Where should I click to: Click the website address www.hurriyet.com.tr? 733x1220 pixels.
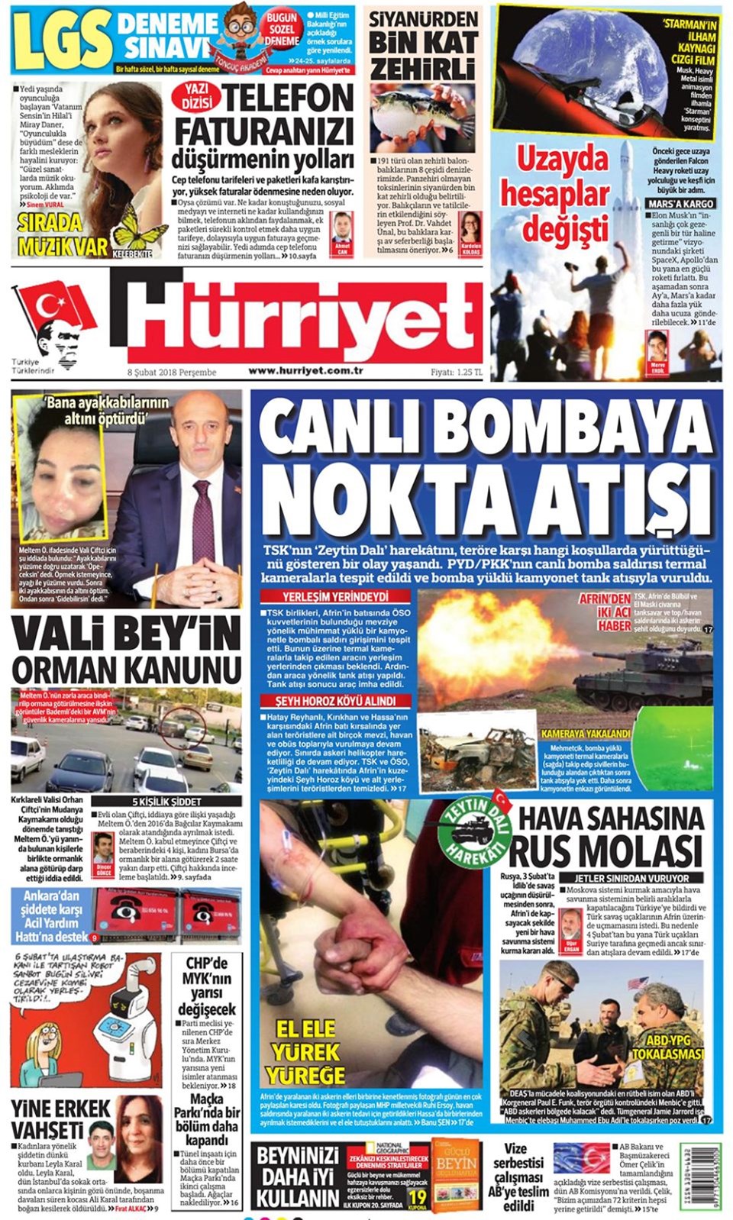point(305,371)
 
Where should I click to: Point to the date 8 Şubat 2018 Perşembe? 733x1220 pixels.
point(172,373)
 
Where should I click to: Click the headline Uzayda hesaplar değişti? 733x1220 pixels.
point(556,192)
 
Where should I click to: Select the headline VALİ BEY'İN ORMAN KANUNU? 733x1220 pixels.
point(126,650)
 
